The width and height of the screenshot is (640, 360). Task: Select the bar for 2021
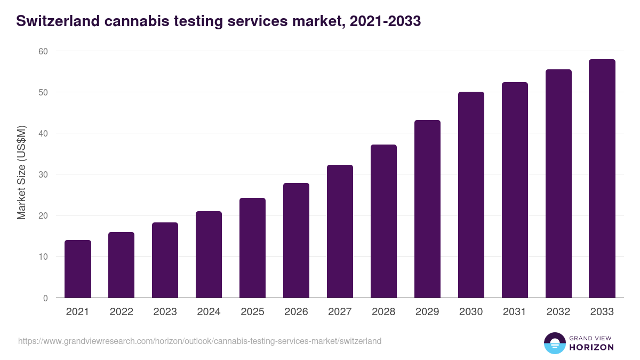(78, 269)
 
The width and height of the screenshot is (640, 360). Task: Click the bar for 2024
(209, 254)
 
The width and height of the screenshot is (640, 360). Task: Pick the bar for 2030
(471, 195)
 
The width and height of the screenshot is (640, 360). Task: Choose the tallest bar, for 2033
(602, 179)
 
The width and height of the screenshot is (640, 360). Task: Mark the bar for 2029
(427, 209)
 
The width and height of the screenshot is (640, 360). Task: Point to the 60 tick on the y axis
(43, 51)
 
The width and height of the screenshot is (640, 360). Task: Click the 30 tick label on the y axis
(43, 174)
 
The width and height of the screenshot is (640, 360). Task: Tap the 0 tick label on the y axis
(45, 298)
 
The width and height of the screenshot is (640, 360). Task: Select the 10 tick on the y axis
(43, 257)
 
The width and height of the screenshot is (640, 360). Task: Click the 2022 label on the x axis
(122, 312)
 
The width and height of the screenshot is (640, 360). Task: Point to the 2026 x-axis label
(296, 312)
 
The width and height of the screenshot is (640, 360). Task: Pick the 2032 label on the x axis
(558, 312)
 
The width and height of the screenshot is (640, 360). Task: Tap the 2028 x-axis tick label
(383, 312)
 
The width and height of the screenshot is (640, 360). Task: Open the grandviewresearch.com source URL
(200, 341)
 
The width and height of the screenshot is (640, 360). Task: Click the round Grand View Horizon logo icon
(554, 343)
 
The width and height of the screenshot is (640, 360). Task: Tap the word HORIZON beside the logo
(591, 347)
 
